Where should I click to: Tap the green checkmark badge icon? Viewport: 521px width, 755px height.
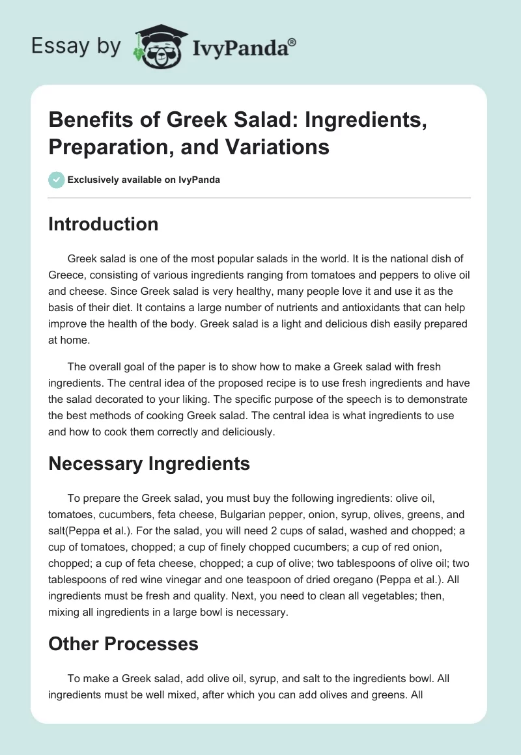(57, 180)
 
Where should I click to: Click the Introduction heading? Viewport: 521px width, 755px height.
(103, 224)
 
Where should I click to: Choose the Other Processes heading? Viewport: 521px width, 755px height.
(123, 644)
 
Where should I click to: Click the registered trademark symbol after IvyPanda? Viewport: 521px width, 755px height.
(292, 42)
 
